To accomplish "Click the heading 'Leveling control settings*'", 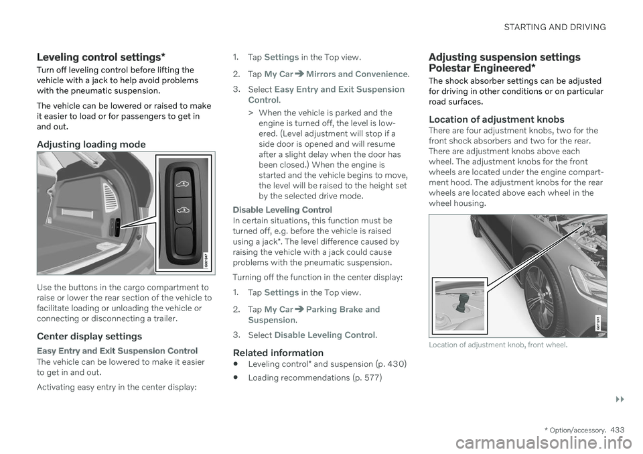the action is tap(101, 57).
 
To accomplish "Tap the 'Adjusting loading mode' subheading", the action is tap(91, 144).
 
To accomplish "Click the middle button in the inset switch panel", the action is tap(184, 210).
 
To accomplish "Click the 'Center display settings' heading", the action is tap(89, 337).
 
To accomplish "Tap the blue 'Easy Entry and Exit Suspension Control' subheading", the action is tap(117, 351).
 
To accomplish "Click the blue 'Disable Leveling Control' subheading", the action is tap(282, 210).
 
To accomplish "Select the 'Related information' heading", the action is tap(278, 353).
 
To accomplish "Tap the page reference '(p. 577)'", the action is tap(367, 378).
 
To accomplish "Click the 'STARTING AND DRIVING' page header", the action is tap(555, 27).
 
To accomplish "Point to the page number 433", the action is tap(617, 430).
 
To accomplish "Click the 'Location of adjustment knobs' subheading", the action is tap(496, 119).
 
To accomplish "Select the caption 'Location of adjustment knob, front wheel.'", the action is tap(498, 345).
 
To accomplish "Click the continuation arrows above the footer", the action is tap(620, 400).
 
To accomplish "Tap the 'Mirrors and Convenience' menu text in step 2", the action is tap(357, 74).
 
